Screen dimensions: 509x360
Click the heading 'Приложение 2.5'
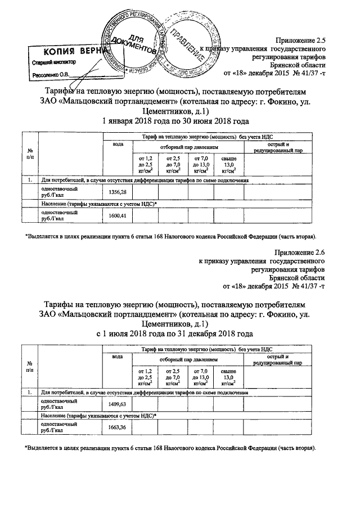[300, 40]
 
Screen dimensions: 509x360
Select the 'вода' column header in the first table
[118, 145]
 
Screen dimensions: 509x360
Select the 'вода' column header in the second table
[118, 356]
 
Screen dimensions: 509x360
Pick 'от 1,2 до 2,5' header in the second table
[145, 377]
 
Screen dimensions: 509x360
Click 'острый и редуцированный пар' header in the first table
[278, 148]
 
